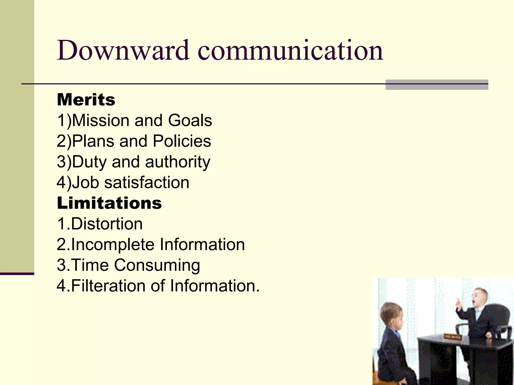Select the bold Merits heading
coord(86,100)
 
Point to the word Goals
coord(190,120)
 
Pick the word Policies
coord(182,141)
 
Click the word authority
coord(177,162)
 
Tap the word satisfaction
coord(147,182)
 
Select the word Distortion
coord(107,224)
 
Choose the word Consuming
coord(157,265)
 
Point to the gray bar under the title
coord(436,85)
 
